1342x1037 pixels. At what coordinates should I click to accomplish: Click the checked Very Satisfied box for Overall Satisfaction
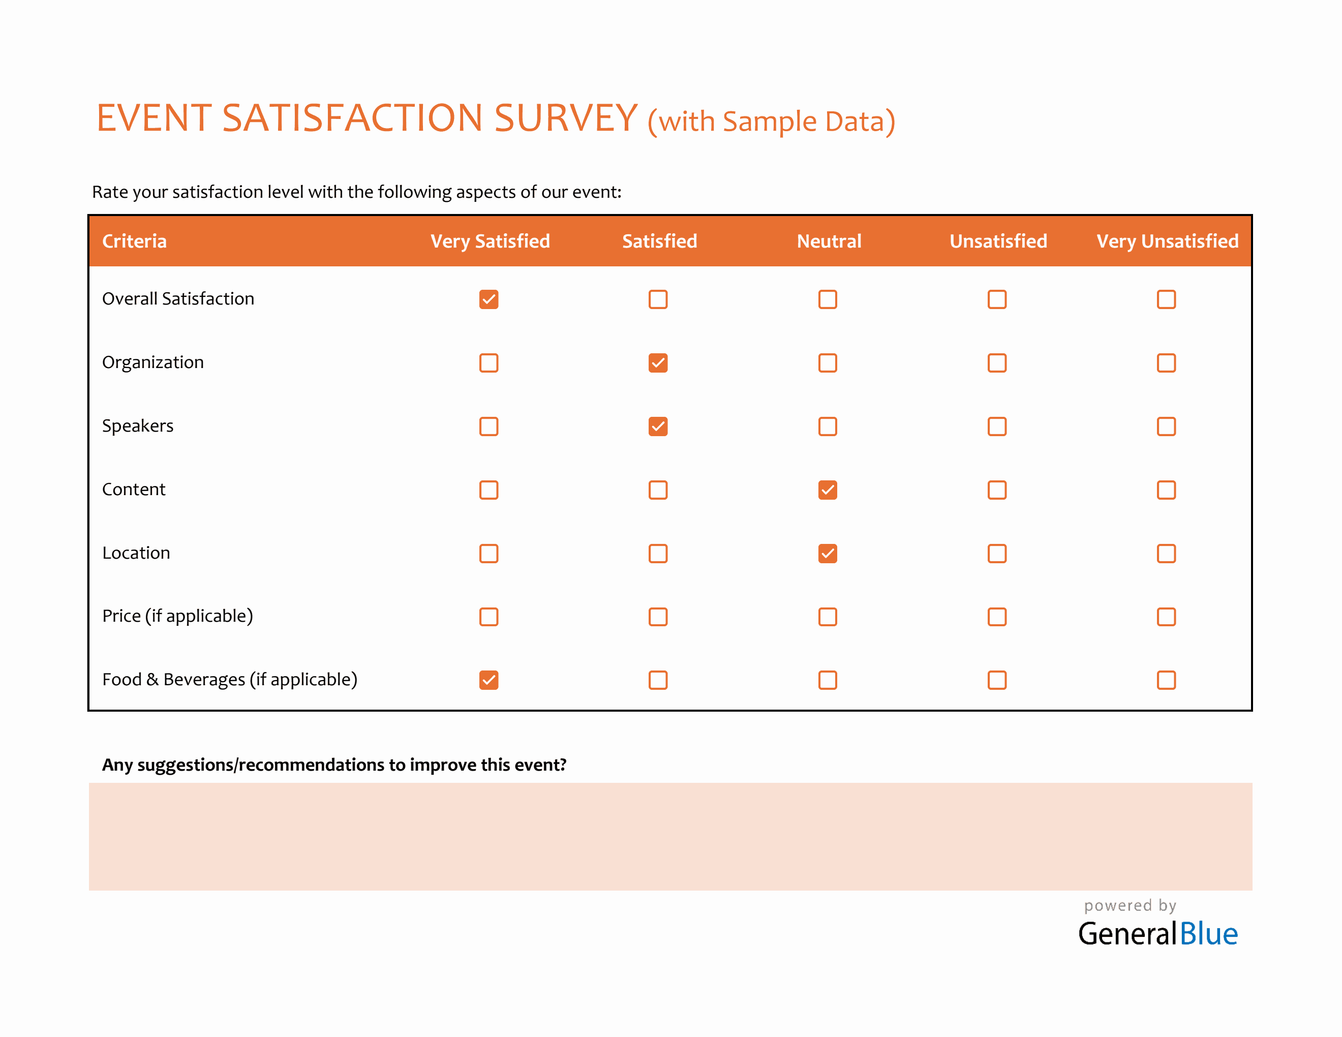[489, 299]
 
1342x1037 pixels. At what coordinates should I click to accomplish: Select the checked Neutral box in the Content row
[827, 490]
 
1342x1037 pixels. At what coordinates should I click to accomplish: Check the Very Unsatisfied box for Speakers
[1166, 426]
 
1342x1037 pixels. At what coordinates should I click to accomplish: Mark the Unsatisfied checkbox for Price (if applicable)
[997, 617]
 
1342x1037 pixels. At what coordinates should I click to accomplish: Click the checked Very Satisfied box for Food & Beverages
[489, 680]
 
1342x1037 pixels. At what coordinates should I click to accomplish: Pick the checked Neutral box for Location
[827, 554]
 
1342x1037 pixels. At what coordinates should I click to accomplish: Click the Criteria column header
[134, 241]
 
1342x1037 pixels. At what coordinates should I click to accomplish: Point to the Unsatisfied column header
[998, 241]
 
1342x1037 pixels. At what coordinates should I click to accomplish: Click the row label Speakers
[138, 426]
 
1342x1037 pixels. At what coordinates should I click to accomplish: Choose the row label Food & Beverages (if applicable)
[229, 680]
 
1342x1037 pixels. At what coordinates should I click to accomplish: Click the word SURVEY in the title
[565, 118]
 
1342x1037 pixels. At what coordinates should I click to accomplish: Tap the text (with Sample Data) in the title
[771, 121]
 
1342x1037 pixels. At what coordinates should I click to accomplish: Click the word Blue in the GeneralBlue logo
[1208, 934]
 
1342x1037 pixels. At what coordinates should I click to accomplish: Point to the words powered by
[1130, 905]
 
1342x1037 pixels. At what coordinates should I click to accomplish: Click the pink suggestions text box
[670, 836]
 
